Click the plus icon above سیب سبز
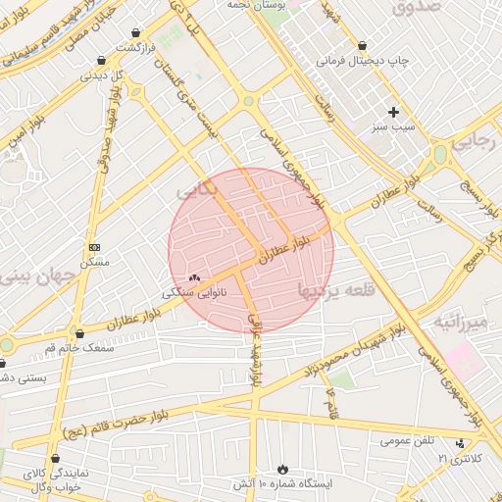click(394, 112)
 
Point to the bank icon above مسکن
click(94, 248)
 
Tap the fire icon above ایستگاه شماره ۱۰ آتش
click(284, 470)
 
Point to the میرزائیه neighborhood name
click(461, 321)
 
